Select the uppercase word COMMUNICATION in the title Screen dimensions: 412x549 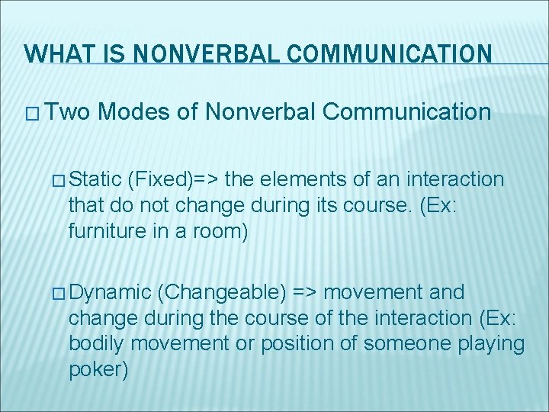coord(378,54)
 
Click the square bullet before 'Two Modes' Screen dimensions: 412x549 coord(32,114)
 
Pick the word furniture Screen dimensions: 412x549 coord(104,230)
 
